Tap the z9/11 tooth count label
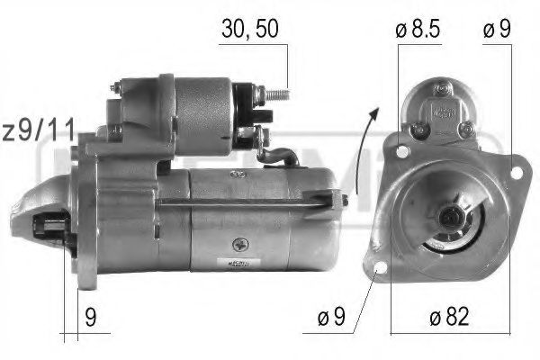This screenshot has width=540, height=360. pyautogui.click(x=39, y=130)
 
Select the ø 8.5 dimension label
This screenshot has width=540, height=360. pyautogui.click(x=418, y=29)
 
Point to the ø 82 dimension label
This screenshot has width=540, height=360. pyautogui.click(x=449, y=316)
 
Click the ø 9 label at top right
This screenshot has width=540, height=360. pyautogui.click(x=497, y=29)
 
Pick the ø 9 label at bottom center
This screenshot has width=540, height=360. pyautogui.click(x=331, y=316)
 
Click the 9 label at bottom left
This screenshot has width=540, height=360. pyautogui.click(x=91, y=317)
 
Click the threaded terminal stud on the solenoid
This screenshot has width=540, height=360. pyautogui.click(x=276, y=94)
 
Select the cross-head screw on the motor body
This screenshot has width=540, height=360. pyautogui.click(x=240, y=245)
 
